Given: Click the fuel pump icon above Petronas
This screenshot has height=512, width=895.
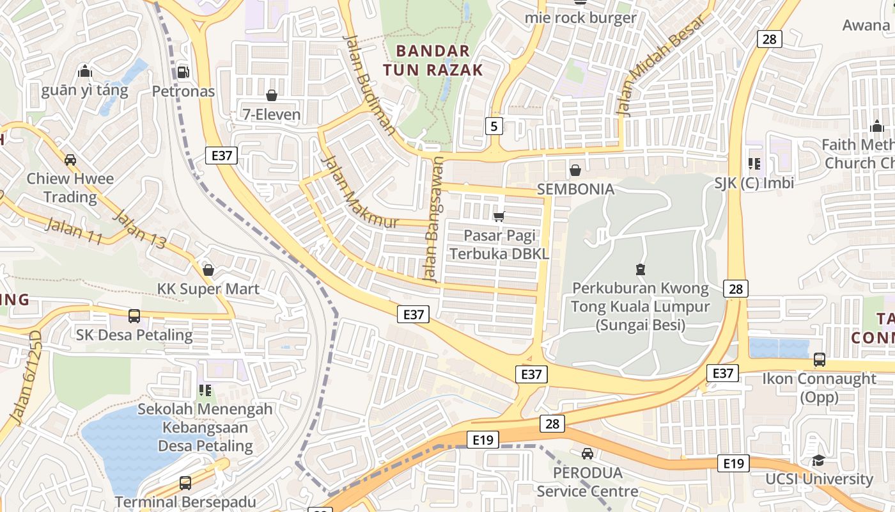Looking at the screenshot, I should pyautogui.click(x=183, y=72).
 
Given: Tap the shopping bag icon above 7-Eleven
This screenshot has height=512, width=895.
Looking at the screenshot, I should pyautogui.click(x=272, y=95).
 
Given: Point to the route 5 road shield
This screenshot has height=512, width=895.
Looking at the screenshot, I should pyautogui.click(x=494, y=126).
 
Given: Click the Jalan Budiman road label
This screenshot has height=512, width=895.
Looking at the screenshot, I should pyautogui.click(x=369, y=84).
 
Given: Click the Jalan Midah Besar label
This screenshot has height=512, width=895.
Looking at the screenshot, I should pyautogui.click(x=661, y=65).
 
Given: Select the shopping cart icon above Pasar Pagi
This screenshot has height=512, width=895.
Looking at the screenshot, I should pyautogui.click(x=499, y=217).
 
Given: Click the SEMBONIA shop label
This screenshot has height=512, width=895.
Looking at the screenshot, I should pyautogui.click(x=575, y=189).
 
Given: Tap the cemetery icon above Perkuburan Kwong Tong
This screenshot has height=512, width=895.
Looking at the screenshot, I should pyautogui.click(x=640, y=269).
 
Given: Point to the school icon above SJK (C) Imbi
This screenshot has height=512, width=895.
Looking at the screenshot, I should pyautogui.click(x=754, y=164).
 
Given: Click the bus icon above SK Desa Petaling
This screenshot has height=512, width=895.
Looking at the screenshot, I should pyautogui.click(x=134, y=316).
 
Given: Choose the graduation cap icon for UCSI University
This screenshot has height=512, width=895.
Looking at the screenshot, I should pyautogui.click(x=818, y=460).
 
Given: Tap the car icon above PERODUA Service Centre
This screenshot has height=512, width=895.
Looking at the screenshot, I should pyautogui.click(x=587, y=454).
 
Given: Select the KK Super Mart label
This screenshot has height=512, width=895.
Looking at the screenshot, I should pyautogui.click(x=208, y=289).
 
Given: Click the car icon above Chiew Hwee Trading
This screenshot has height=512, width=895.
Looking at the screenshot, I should pyautogui.click(x=70, y=159).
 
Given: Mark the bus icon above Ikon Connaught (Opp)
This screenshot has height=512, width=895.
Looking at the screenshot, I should pyautogui.click(x=819, y=359).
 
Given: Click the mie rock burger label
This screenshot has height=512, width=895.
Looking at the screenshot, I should pyautogui.click(x=580, y=18).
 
